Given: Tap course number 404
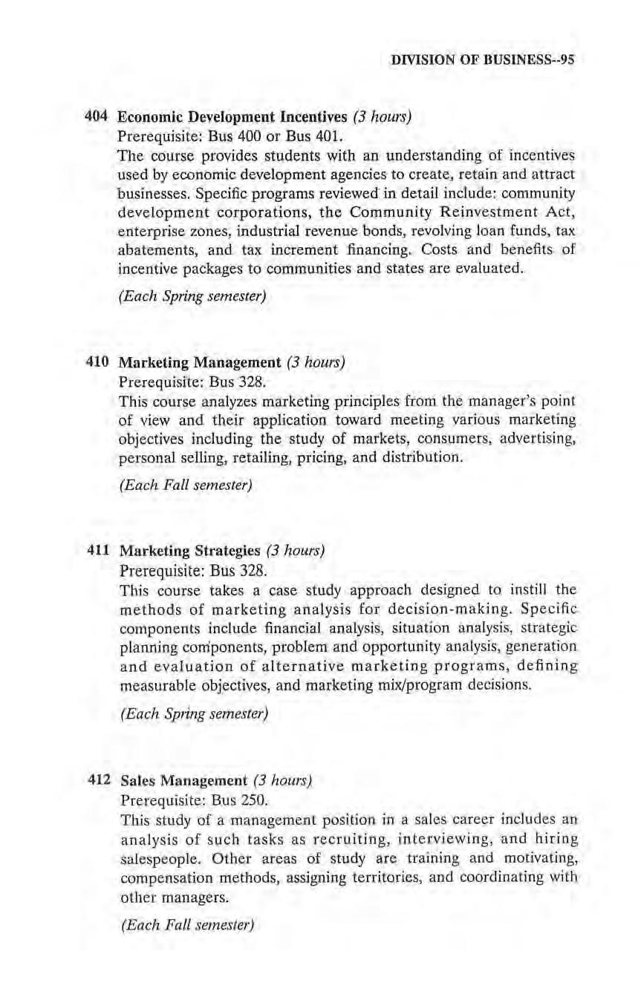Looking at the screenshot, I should (x=97, y=117).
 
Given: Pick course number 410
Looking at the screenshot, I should (x=97, y=363).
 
